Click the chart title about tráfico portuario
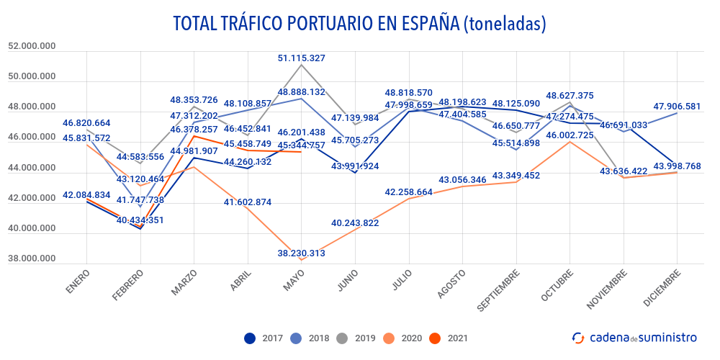pyautogui.click(x=359, y=23)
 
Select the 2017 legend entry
pyautogui.click(x=264, y=338)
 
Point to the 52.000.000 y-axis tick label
pyautogui.click(x=32, y=46)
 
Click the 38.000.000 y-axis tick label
pyautogui.click(x=32, y=259)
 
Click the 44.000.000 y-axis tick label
pyautogui.click(x=32, y=168)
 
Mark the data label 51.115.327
pyautogui.click(x=312, y=58)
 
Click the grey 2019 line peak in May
pyautogui.click(x=301, y=66)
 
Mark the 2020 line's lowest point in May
pyautogui.click(x=301, y=259)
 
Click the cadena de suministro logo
pyautogui.click(x=634, y=337)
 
